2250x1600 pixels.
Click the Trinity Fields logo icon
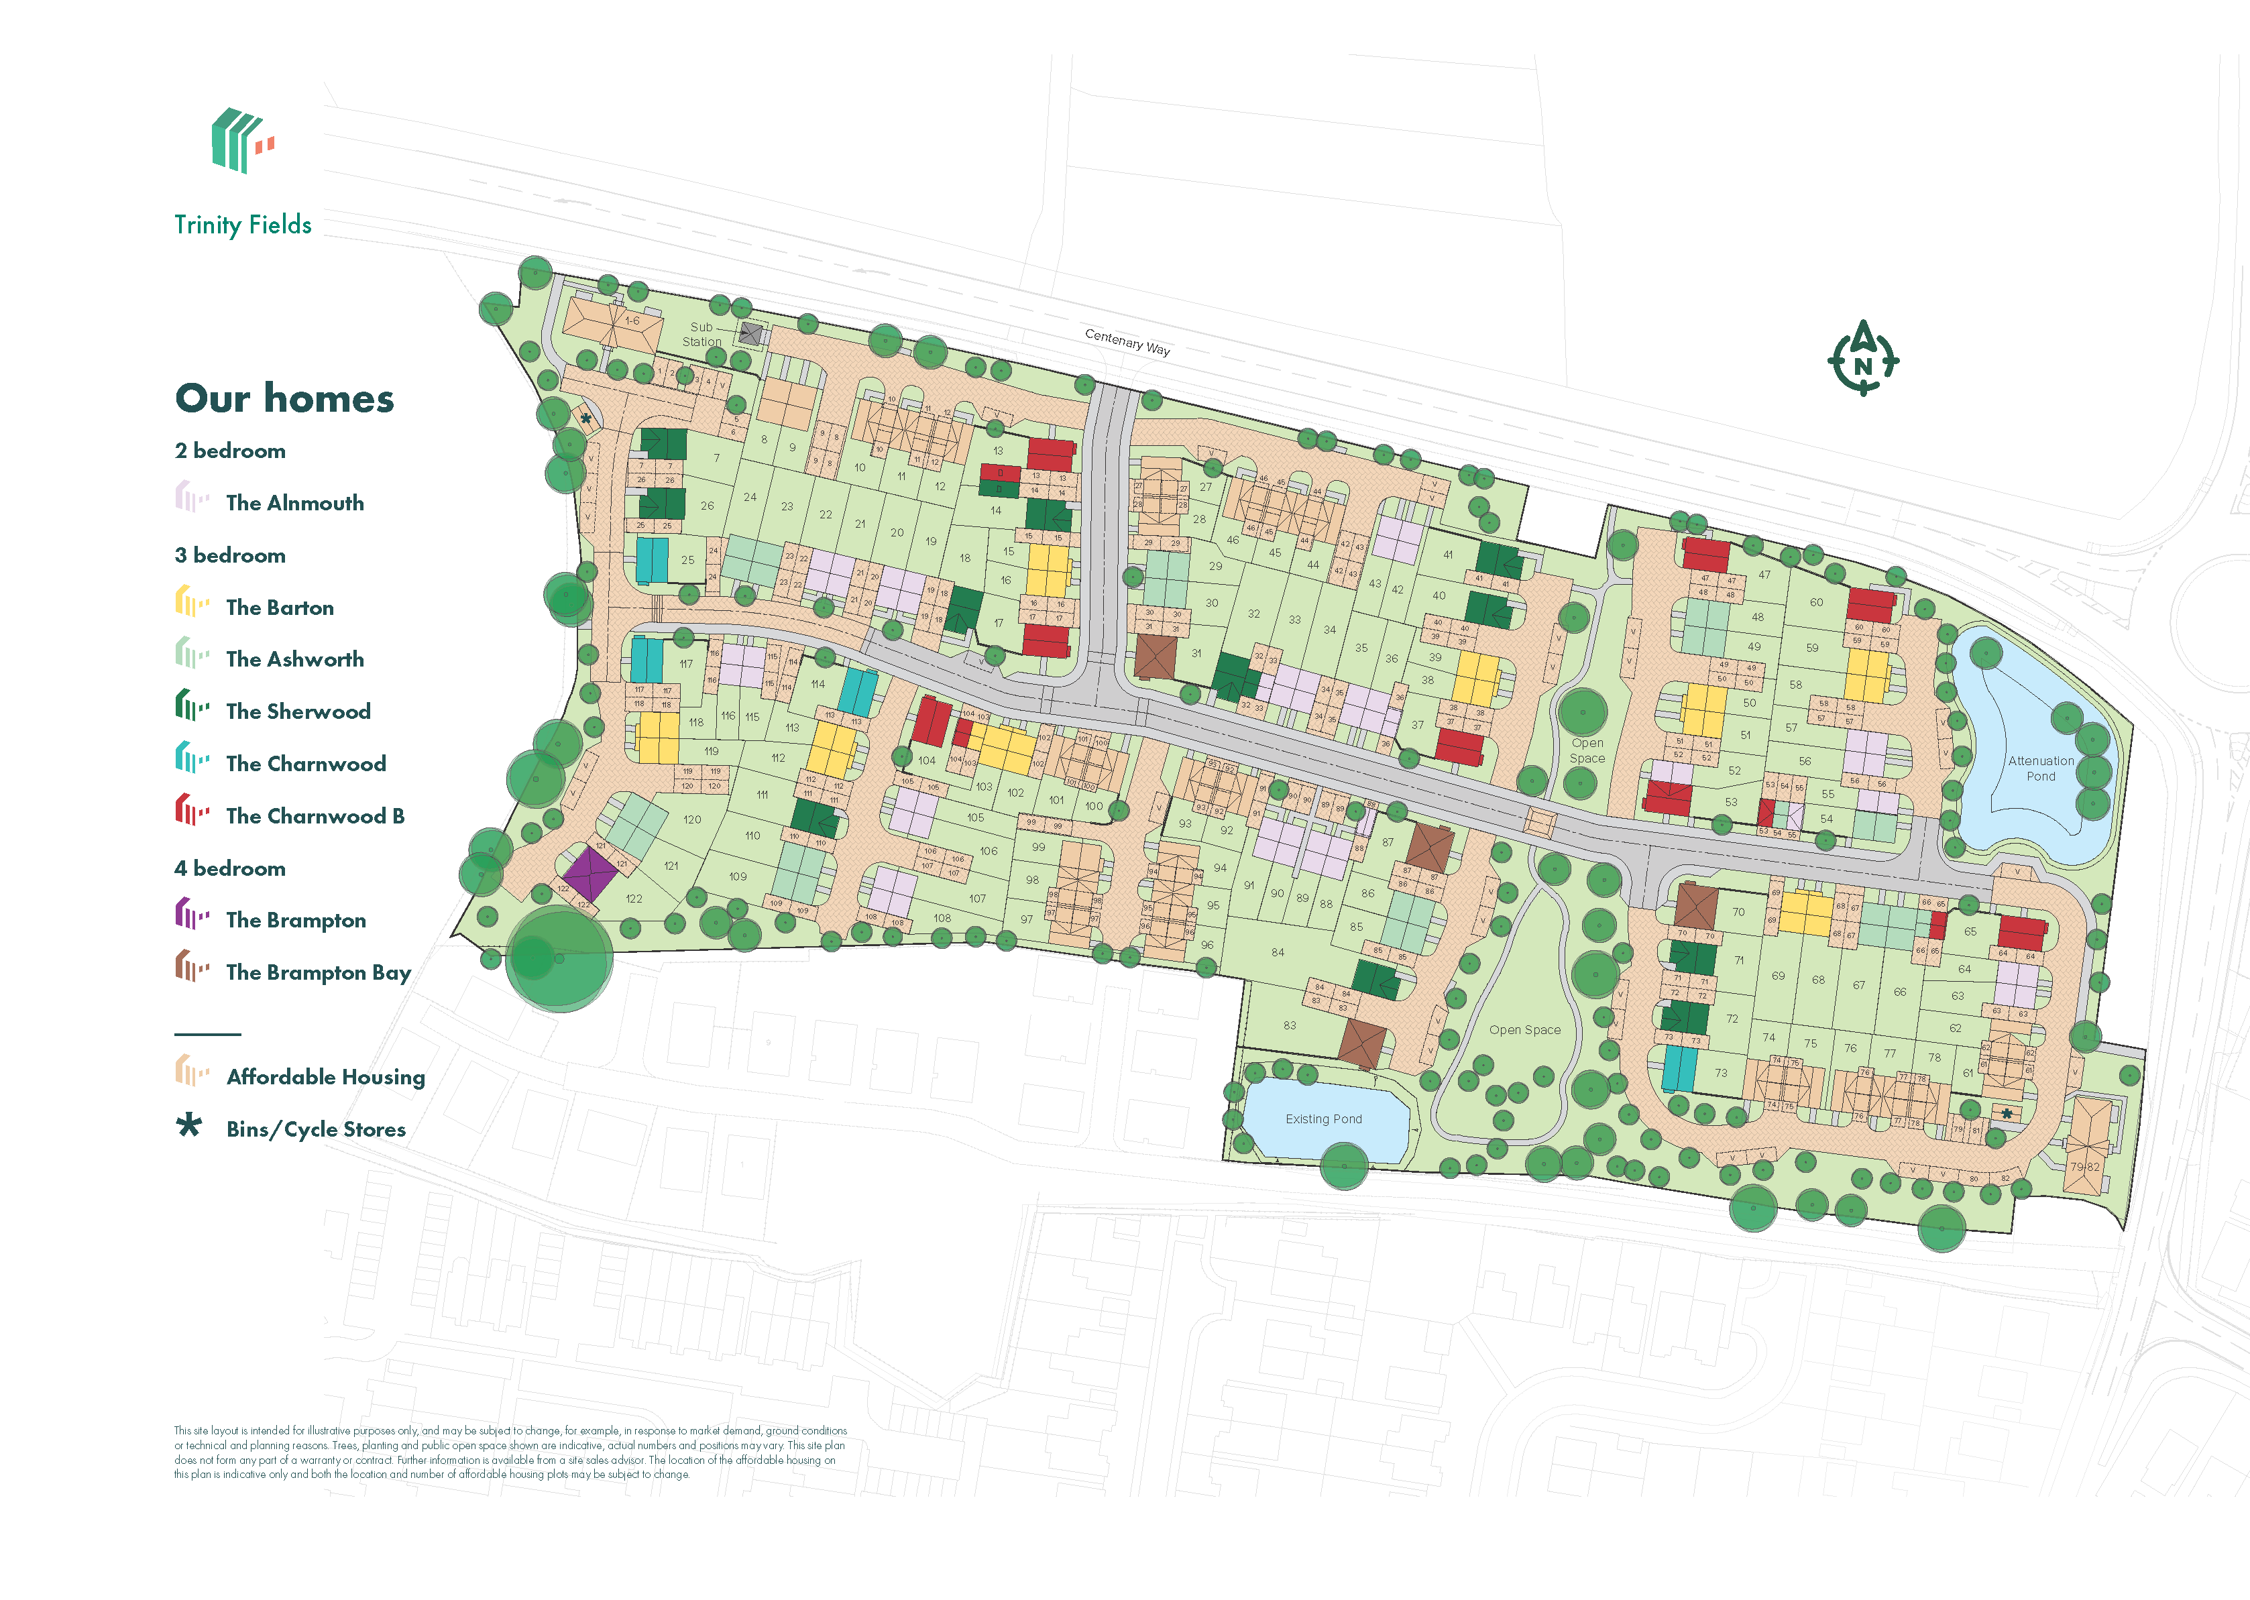[x=242, y=141]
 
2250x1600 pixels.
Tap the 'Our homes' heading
[x=285, y=398]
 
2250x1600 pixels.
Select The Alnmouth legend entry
[x=294, y=502]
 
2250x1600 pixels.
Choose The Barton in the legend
[x=280, y=607]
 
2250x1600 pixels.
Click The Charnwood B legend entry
[x=315, y=816]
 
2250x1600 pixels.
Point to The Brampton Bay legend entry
[x=317, y=972]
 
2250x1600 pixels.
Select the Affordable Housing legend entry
[x=325, y=1077]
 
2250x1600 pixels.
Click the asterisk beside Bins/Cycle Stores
[x=188, y=1125]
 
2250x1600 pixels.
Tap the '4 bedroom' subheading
[x=231, y=868]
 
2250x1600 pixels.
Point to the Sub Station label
[x=701, y=334]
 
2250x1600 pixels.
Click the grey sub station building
[x=750, y=334]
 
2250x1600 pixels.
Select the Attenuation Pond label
[x=2040, y=768]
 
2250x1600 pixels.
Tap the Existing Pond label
[x=1323, y=1119]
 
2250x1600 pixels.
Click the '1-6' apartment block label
[x=632, y=321]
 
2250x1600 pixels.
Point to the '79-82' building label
[x=2084, y=1167]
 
